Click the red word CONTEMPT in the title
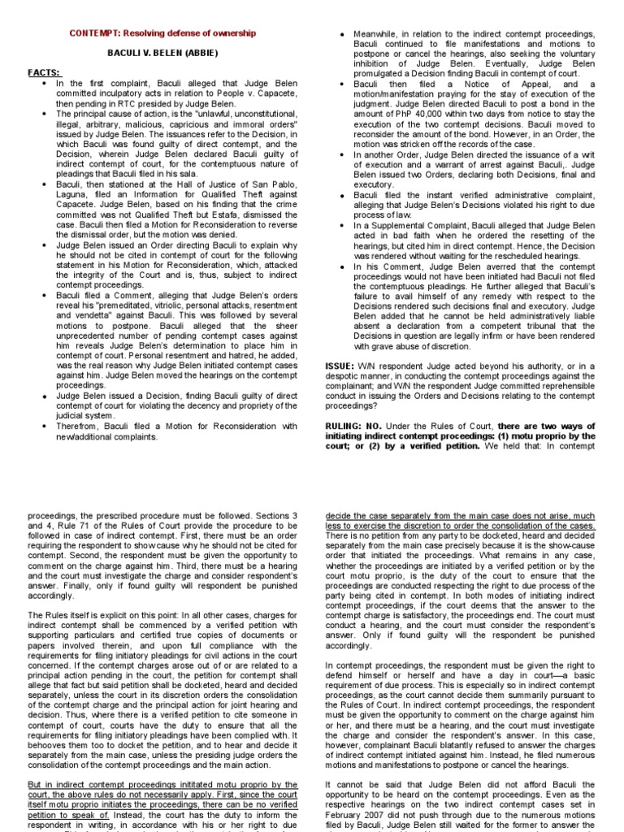[x=93, y=33]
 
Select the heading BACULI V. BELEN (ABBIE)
[x=163, y=53]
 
